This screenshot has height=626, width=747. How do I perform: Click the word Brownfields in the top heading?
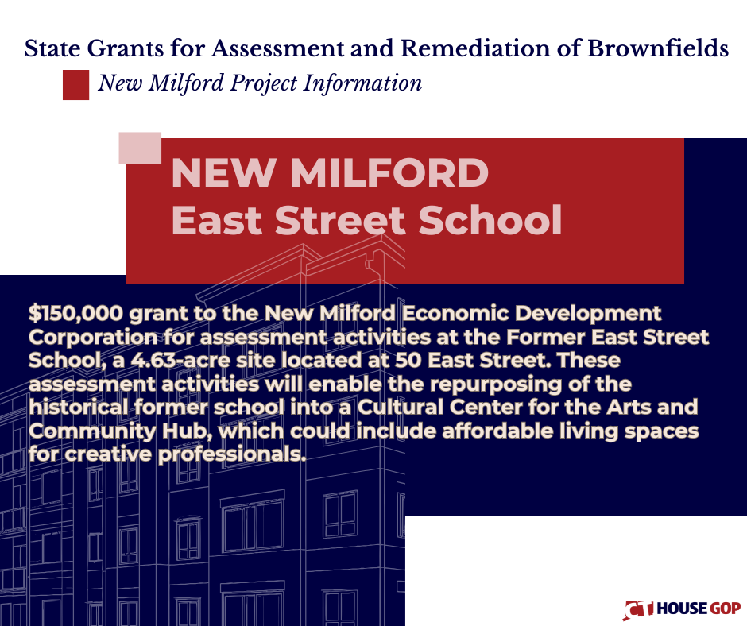coord(657,48)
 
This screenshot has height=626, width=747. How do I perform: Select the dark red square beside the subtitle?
coord(75,85)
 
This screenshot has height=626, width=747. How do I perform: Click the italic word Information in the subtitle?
coord(362,83)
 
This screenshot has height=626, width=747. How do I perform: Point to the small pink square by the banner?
coord(140,148)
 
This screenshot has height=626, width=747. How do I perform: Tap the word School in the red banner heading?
coord(490,220)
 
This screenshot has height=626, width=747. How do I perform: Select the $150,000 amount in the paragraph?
coord(75,314)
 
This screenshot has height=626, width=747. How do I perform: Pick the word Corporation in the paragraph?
coord(92,338)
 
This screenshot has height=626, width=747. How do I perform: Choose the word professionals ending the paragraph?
coord(231,454)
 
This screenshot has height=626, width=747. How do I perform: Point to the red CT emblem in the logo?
coord(639,609)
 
